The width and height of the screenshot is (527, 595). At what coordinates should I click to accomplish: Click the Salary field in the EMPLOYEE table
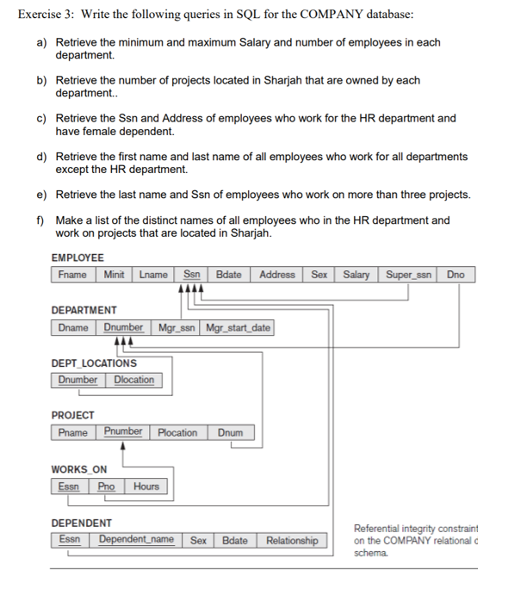click(356, 275)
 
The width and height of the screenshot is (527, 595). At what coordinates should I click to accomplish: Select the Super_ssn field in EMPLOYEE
click(411, 275)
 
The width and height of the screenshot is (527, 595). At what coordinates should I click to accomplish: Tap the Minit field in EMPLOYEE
click(114, 275)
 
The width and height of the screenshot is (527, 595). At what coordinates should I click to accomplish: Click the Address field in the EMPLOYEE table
click(276, 275)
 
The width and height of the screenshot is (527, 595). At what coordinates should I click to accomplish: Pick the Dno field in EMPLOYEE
click(456, 275)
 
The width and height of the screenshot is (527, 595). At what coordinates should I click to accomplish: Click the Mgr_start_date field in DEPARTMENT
click(239, 328)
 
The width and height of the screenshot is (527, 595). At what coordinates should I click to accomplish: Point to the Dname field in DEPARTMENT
click(74, 328)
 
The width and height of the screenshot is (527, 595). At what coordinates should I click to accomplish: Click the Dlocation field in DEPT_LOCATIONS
click(133, 380)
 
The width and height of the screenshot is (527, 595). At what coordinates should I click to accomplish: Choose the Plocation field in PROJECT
click(177, 432)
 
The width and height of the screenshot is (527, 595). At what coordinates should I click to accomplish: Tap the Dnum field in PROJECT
click(230, 432)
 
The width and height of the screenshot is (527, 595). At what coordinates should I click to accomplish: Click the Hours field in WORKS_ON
click(146, 487)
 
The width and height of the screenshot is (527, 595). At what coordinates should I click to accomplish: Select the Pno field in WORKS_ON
click(107, 487)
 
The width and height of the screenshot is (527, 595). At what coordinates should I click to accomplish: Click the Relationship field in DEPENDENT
click(291, 541)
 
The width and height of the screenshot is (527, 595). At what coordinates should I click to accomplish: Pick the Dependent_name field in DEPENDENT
click(136, 540)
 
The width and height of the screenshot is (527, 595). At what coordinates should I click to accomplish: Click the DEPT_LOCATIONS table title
click(94, 363)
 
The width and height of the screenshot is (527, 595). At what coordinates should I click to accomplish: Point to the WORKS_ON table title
click(79, 469)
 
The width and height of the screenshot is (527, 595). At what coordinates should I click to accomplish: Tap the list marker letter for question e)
click(40, 195)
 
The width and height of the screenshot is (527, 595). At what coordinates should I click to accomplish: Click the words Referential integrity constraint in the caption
click(415, 528)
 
